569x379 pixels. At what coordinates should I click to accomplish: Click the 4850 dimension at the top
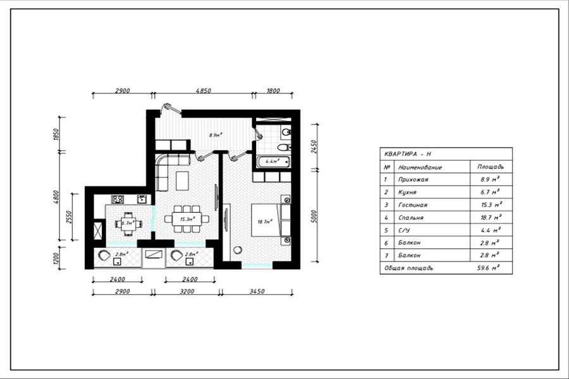tap(203, 91)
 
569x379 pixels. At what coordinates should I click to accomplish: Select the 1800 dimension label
tap(273, 91)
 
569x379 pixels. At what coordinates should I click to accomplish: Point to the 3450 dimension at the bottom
tap(256, 291)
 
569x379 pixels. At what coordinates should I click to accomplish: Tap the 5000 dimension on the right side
tap(314, 216)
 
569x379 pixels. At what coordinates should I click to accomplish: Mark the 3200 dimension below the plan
tap(187, 291)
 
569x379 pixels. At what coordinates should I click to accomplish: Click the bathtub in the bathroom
tap(272, 162)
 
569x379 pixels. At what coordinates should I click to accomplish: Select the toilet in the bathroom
tap(285, 133)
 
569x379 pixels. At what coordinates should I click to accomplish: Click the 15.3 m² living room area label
tap(187, 219)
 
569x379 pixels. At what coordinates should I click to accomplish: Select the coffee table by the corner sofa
tap(183, 181)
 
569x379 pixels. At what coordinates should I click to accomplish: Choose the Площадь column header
tap(491, 167)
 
